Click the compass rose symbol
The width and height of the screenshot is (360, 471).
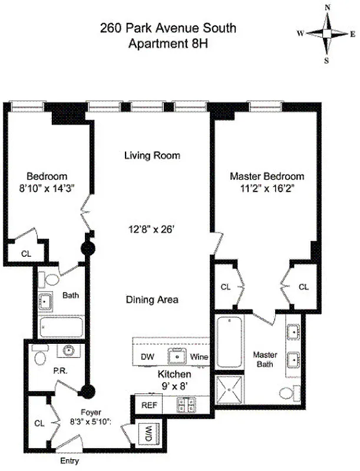(327, 34)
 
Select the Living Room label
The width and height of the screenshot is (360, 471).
(152, 156)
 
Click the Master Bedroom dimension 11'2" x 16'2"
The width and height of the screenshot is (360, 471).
(266, 188)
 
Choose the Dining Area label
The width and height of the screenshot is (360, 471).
(152, 300)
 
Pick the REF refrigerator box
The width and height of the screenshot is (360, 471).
(144, 405)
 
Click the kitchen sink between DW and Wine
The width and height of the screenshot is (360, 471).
(174, 355)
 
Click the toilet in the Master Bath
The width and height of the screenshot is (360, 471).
(285, 393)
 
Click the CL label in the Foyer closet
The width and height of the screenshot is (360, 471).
(39, 422)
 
